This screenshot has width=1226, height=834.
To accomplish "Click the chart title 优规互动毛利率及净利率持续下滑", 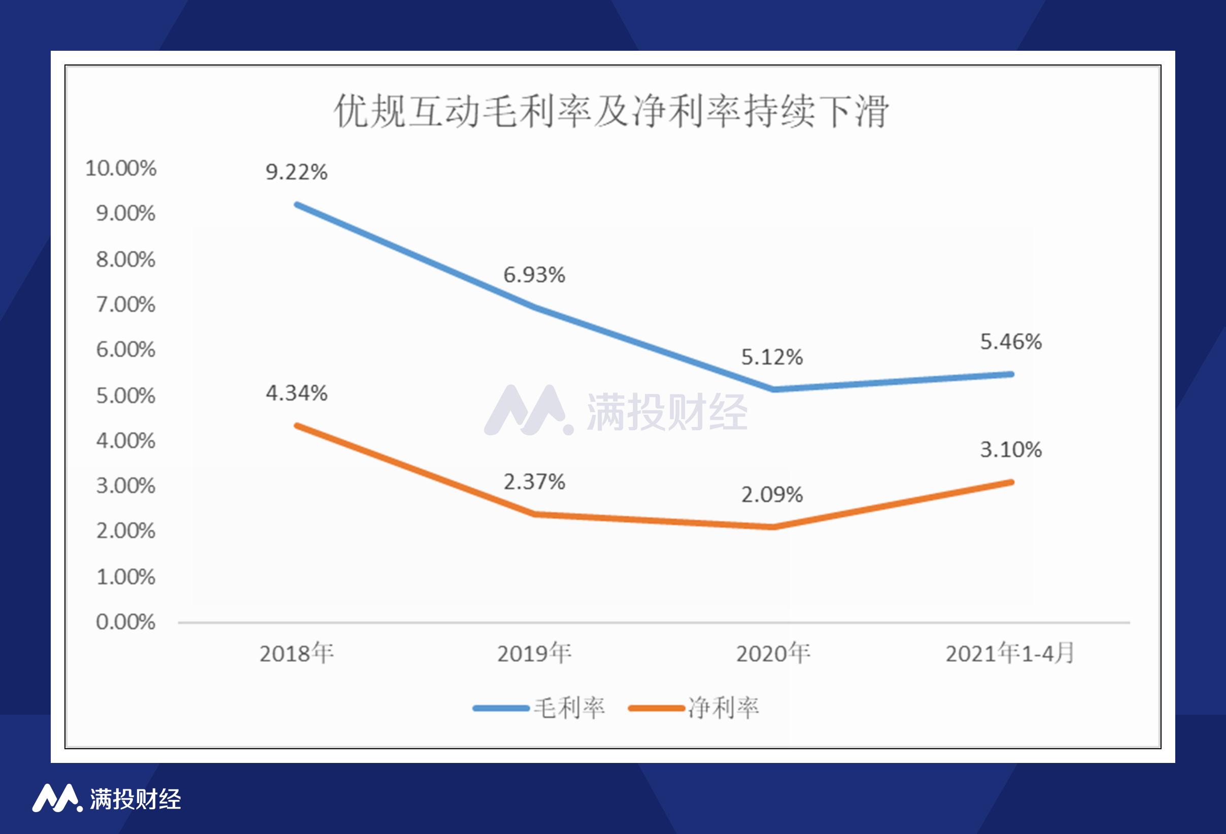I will [x=612, y=111].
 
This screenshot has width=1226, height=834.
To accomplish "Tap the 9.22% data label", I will [x=296, y=172].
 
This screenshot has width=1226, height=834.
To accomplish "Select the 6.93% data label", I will [x=534, y=275].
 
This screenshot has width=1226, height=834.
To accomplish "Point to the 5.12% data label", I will [x=772, y=357].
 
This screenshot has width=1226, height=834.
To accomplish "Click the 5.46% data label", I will [x=1011, y=342].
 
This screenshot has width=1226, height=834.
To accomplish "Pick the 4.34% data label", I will [x=296, y=393].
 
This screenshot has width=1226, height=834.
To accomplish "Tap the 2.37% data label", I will [x=534, y=482].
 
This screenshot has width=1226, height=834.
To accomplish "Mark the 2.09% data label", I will [x=772, y=495].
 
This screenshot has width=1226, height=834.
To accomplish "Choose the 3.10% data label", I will [x=1011, y=450].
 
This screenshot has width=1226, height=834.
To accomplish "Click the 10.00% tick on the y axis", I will [x=121, y=169].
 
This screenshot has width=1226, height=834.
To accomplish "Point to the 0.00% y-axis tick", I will [x=125, y=622].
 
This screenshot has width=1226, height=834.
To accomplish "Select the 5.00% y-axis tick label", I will [x=125, y=396].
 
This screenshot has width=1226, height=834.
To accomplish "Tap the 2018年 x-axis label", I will [x=296, y=653].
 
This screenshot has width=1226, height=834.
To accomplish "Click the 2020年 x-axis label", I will [x=773, y=653].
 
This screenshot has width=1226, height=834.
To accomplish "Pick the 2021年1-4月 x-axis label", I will [x=1010, y=653].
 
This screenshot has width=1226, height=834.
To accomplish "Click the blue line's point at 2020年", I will [x=773, y=389].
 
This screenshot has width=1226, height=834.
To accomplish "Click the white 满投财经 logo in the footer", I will [x=107, y=798].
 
